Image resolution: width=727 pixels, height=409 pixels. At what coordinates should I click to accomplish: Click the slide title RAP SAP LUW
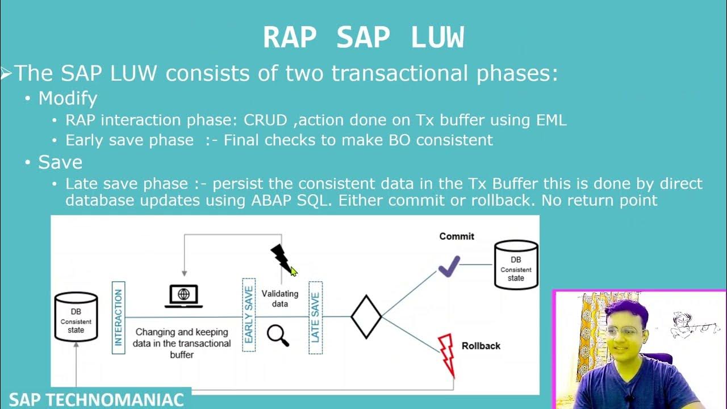[363, 38]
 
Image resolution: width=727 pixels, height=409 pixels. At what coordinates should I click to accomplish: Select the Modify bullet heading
[68, 98]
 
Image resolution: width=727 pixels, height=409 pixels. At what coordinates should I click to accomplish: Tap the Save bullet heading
[60, 162]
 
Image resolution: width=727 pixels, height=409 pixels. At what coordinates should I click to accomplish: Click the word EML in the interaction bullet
[551, 120]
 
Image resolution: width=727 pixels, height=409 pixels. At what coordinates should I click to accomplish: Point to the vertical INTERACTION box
[118, 318]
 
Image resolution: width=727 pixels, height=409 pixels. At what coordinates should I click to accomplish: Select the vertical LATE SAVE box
[315, 318]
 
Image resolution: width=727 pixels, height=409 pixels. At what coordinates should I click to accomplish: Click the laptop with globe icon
[183, 296]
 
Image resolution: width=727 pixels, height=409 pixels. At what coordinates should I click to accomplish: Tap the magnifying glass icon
[278, 335]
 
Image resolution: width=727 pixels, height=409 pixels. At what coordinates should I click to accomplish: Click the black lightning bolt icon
[281, 258]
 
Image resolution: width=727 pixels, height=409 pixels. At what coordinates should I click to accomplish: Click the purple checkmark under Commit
[449, 266]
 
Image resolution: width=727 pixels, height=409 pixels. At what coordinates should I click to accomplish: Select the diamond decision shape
[366, 317]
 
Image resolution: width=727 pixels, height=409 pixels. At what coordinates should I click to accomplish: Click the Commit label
[456, 236]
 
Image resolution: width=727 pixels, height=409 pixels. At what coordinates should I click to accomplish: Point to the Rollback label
[481, 345]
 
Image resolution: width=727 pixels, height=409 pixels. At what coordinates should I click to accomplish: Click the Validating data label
[279, 298]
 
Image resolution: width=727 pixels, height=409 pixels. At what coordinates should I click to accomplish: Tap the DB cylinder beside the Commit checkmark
[516, 265]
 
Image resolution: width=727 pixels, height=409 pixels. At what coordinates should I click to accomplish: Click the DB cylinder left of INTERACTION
[76, 317]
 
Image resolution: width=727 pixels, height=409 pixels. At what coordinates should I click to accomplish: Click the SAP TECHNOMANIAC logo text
[96, 399]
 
